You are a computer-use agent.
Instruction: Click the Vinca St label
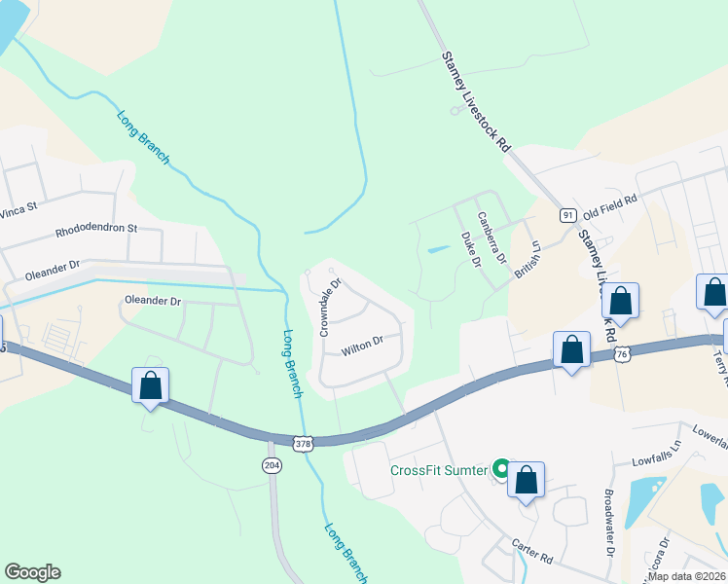pyautogui.click(x=18, y=206)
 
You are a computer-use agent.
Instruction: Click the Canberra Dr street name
pyautogui.click(x=491, y=238)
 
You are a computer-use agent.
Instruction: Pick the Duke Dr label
pyautogui.click(x=470, y=249)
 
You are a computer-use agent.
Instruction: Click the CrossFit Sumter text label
pyautogui.click(x=438, y=470)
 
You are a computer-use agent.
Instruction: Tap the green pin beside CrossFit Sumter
pyautogui.click(x=501, y=470)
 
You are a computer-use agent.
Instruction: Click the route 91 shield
pyautogui.click(x=567, y=216)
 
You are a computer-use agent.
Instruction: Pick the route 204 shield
pyautogui.click(x=272, y=465)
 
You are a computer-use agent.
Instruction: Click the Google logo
pyautogui.click(x=32, y=572)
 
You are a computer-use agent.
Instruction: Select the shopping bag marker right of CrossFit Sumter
pyautogui.click(x=526, y=480)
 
